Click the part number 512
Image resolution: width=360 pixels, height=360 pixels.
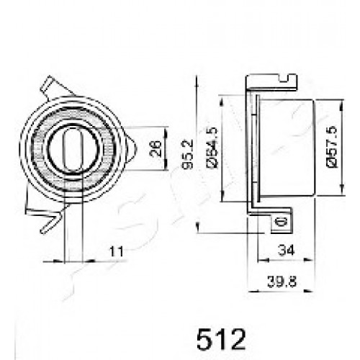(221, 339)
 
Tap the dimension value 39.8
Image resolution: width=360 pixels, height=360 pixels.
(282, 282)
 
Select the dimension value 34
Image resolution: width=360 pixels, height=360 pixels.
(286, 251)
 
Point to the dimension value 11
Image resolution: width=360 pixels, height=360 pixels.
(117, 251)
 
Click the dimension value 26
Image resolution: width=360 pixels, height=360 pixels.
(156, 148)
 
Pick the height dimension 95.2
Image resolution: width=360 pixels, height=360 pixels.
(187, 154)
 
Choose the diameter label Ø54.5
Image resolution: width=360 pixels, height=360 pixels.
(212, 148)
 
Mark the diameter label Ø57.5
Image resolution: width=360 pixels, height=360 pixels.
(332, 147)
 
